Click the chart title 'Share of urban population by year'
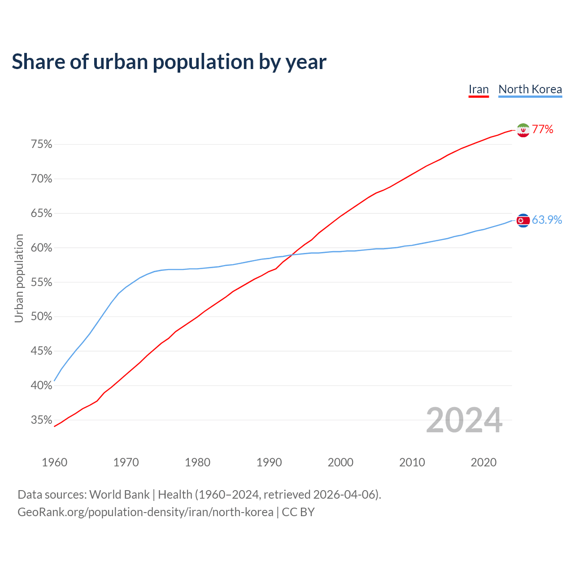point(169,62)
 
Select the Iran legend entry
point(478,89)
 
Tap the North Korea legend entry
point(530,89)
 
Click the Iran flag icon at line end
point(523,130)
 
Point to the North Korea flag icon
point(523,220)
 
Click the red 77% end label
point(543,130)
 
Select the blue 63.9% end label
point(547,220)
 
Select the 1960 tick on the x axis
point(55,462)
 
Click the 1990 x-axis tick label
point(269,462)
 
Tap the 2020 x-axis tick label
point(483,462)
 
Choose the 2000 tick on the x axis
point(341,462)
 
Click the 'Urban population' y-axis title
point(19,278)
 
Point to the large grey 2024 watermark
point(464,420)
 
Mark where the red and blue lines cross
point(291,255)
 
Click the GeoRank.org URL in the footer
point(145,512)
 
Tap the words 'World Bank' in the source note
point(119,495)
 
